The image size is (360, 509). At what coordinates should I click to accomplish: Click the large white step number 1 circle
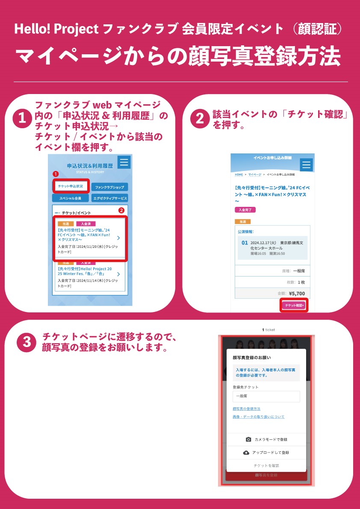(22, 118)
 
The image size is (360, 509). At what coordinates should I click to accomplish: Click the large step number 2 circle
(200, 118)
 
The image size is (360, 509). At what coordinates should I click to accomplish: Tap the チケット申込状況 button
(71, 186)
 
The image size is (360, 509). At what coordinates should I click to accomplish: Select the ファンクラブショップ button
(109, 187)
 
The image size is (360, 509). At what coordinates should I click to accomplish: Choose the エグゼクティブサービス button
(109, 198)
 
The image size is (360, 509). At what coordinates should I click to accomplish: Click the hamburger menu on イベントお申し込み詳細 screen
(307, 165)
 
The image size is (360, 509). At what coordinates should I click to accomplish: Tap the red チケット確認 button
(294, 306)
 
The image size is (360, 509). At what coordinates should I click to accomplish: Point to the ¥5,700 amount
(297, 294)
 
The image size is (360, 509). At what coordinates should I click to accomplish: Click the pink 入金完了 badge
(245, 210)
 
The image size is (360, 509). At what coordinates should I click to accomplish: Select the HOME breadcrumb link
(239, 175)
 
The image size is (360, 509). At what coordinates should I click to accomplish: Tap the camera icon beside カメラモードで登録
(248, 439)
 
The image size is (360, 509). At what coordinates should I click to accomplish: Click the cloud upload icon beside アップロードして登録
(246, 453)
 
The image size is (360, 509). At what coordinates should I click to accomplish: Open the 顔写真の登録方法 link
(246, 409)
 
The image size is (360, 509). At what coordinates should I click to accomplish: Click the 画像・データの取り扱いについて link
(258, 417)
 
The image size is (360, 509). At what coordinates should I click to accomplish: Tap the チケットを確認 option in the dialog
(266, 465)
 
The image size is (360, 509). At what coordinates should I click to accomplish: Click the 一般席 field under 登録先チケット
(266, 396)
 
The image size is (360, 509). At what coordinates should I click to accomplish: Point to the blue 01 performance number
(245, 243)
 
